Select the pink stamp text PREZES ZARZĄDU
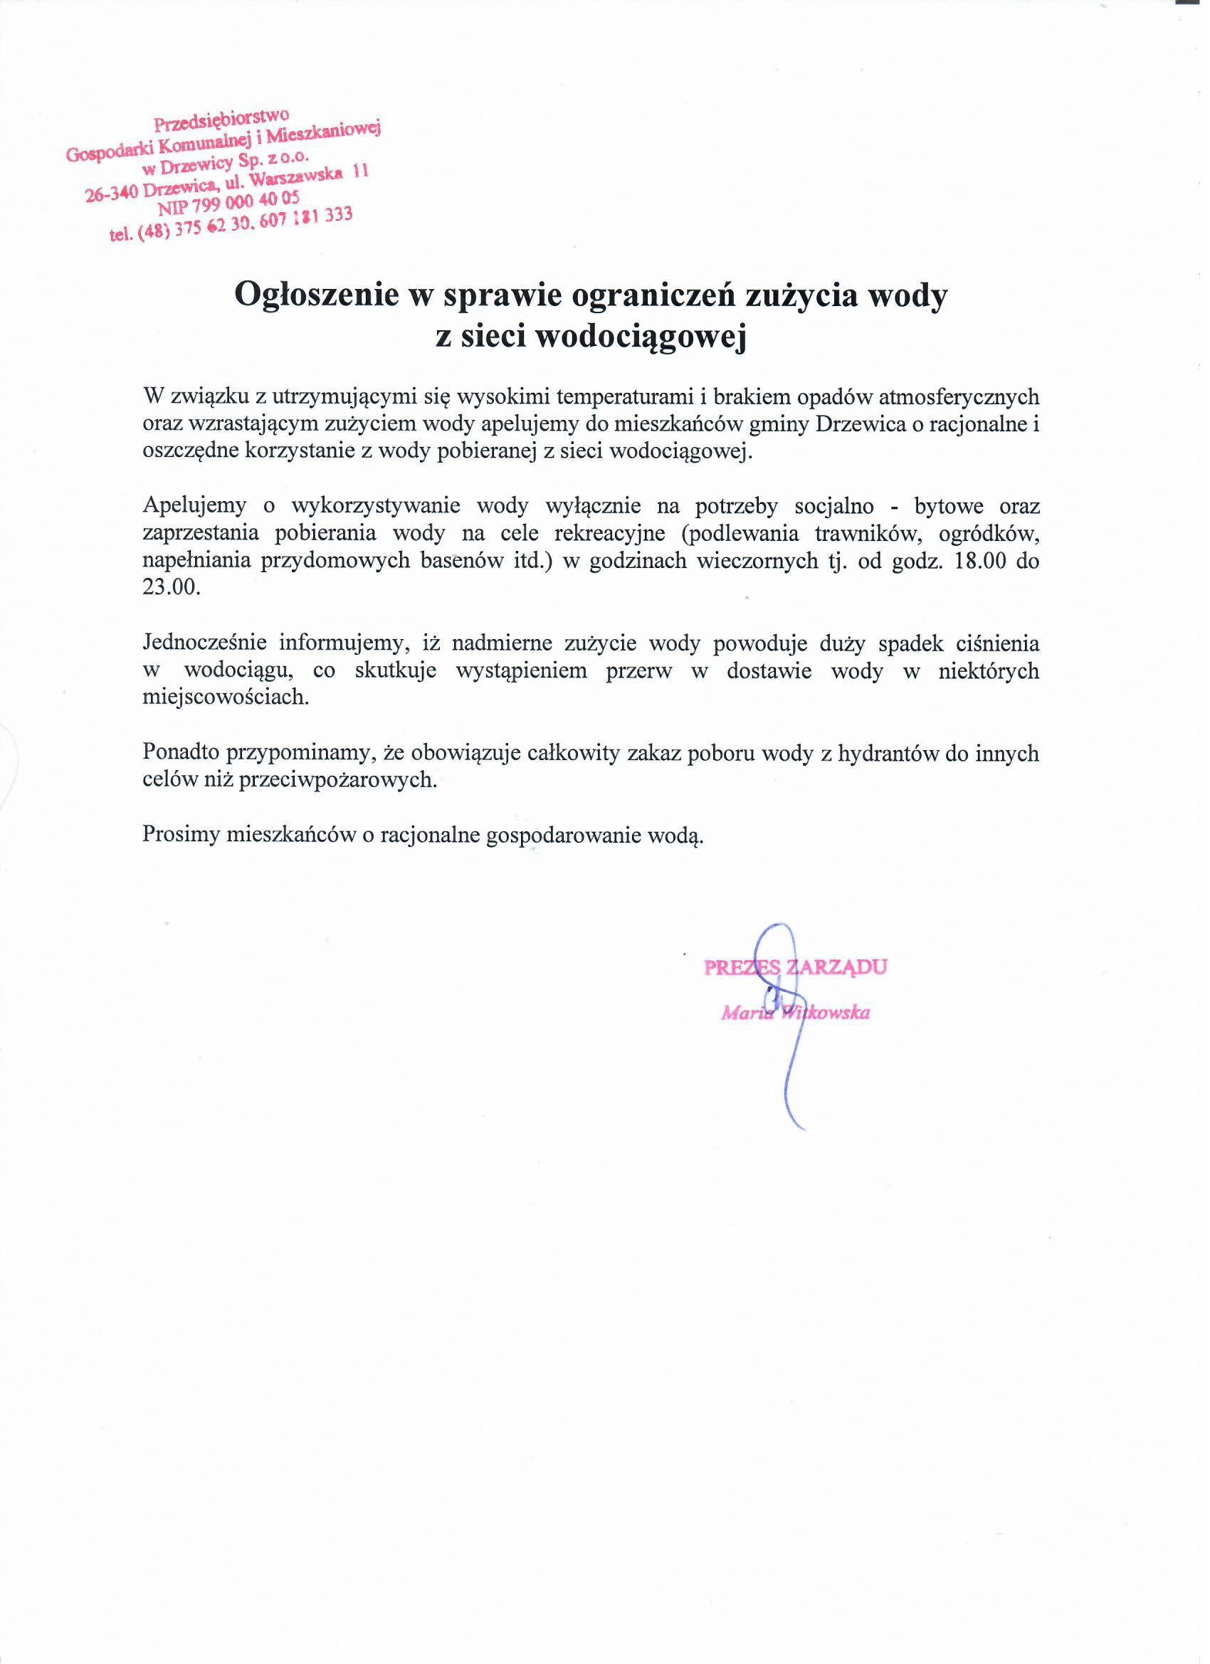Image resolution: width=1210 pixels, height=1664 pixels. (x=794, y=967)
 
